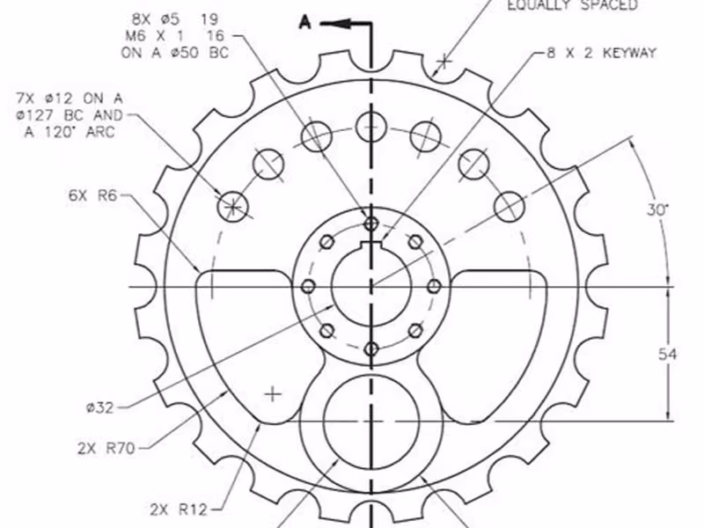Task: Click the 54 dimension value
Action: [x=667, y=355]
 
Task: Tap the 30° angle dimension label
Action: [x=657, y=209]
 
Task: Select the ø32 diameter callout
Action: [x=99, y=407]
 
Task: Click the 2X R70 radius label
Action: [x=106, y=448]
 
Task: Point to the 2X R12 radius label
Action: [x=179, y=510]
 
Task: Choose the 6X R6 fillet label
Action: [x=92, y=195]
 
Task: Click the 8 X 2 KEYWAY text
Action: [x=602, y=53]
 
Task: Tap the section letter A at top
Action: [x=304, y=22]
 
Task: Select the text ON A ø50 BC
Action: [x=174, y=53]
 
